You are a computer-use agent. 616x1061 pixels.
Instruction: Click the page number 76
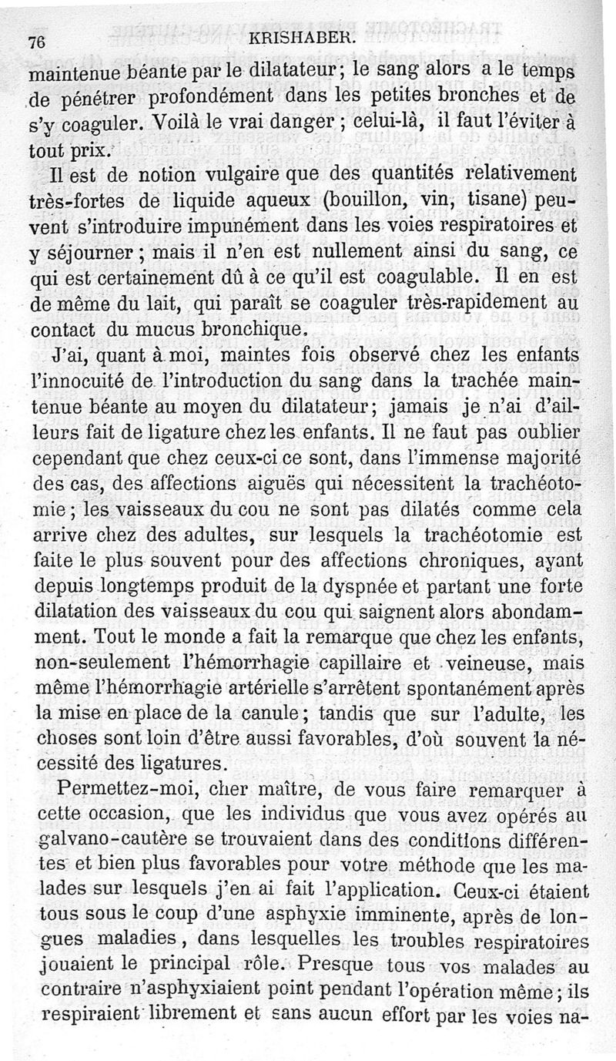35,43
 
